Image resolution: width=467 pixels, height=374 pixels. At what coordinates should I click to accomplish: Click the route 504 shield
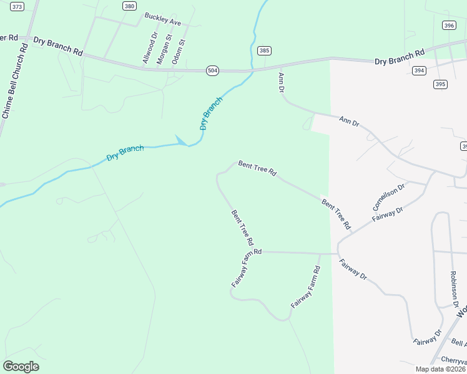pyautogui.click(x=213, y=71)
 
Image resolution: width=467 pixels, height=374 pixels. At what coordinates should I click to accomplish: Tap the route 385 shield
pyautogui.click(x=264, y=51)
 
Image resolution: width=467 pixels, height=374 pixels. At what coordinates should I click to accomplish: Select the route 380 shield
pyautogui.click(x=129, y=6)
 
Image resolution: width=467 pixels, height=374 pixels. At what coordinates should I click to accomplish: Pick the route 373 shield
pyautogui.click(x=17, y=6)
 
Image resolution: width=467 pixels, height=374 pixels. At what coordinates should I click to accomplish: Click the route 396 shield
pyautogui.click(x=449, y=26)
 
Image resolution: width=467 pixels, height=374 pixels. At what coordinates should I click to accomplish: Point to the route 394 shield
pyautogui.click(x=420, y=70)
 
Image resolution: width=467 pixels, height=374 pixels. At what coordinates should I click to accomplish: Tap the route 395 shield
pyautogui.click(x=441, y=84)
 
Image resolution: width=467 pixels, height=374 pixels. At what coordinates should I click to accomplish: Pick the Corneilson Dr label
pyautogui.click(x=389, y=196)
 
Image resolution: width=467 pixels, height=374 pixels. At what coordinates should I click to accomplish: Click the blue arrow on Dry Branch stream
pyautogui.click(x=182, y=141)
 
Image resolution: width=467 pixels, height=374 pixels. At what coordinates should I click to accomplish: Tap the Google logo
pyautogui.click(x=21, y=367)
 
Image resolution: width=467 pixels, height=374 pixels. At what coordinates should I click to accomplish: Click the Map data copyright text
pyautogui.click(x=440, y=369)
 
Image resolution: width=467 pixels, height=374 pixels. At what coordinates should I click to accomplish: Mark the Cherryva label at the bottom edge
pyautogui.click(x=453, y=360)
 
